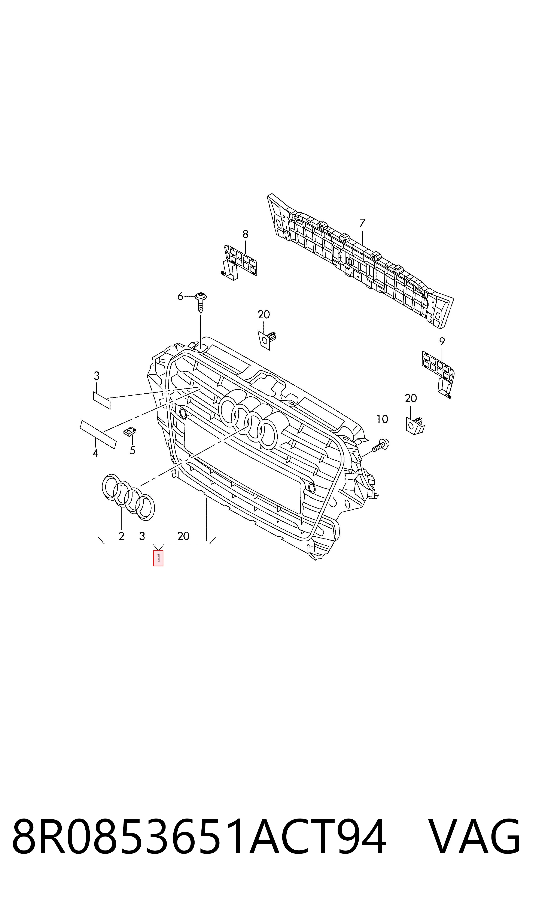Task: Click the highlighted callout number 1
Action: click(x=158, y=558)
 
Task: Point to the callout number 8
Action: click(x=245, y=235)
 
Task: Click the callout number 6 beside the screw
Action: click(x=180, y=296)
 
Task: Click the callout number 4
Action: click(x=95, y=453)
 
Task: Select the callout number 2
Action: click(x=121, y=536)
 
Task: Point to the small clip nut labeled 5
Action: click(x=130, y=431)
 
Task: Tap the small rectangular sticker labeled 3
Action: click(x=102, y=400)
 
